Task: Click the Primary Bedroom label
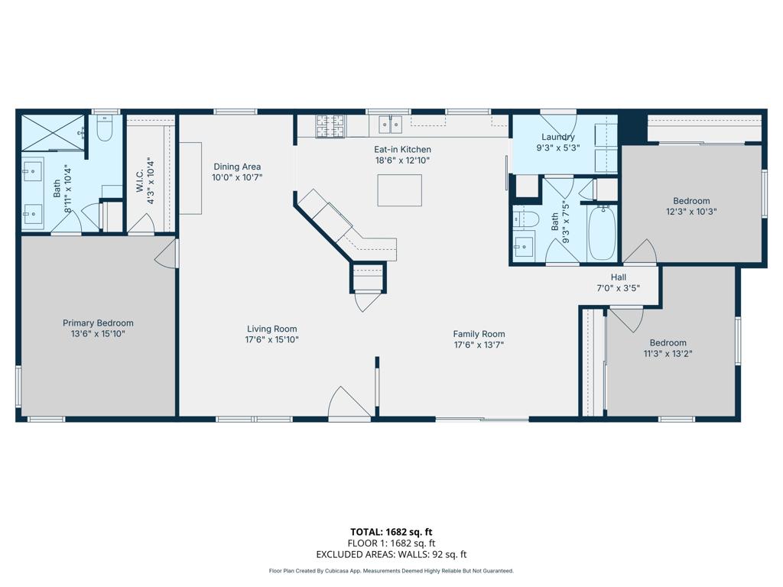coord(98,323)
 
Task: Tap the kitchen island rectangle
coord(399,190)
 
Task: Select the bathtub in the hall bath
coord(602,232)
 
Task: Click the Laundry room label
coord(557,138)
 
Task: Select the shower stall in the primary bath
coord(53,132)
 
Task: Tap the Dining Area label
coord(237,167)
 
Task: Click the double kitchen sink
coord(391,125)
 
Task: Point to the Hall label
coord(619,277)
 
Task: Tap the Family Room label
coord(479,334)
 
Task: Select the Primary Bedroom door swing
coord(166,255)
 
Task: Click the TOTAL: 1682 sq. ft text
coord(391,532)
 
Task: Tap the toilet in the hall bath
coord(525,219)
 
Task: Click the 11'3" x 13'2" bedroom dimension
coord(668,354)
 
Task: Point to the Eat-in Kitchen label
coord(402,150)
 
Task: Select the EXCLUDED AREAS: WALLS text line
coord(391,555)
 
